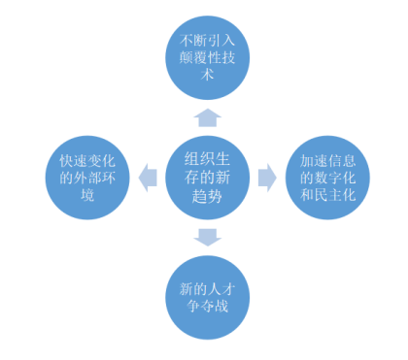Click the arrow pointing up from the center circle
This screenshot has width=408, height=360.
pos(208,118)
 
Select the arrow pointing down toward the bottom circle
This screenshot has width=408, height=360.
pos(208,238)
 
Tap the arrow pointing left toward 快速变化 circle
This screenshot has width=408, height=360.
pos(148,178)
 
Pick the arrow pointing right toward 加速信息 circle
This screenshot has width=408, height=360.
pos(267,178)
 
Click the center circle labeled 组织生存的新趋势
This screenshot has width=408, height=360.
pos(208,178)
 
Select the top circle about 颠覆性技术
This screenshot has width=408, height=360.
pos(208,58)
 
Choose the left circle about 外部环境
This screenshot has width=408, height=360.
pos(87,178)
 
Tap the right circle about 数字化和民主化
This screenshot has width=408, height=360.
pos(327,178)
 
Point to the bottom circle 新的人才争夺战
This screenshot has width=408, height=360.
pos(208,298)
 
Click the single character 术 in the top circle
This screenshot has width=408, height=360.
pos(208,75)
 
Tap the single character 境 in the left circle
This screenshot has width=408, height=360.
pos(87,195)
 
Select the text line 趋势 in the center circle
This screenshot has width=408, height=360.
pos(207,196)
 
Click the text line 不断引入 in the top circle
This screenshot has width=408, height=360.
pos(207,41)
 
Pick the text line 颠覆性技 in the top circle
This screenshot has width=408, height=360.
pos(207,58)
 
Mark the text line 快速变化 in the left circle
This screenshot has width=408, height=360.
pos(87,161)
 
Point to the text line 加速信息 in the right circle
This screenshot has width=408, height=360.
pos(327,161)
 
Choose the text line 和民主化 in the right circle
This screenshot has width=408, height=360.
pos(327,195)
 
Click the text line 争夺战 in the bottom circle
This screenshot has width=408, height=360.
pos(208,306)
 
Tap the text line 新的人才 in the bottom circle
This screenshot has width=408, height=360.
pos(207,289)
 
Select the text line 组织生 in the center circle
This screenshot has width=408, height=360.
pos(207,159)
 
